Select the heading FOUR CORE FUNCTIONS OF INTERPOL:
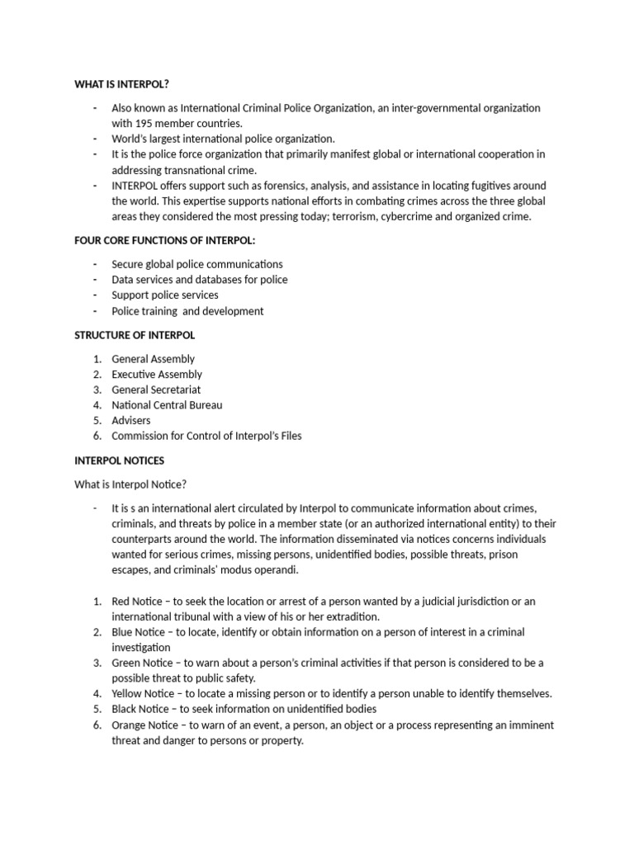coord(160,240)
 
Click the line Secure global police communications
coord(197,264)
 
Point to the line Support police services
coord(165,295)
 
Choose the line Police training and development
coord(187,311)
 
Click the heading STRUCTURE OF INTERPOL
coord(135,335)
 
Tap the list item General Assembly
coord(154,359)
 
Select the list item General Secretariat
coord(156,389)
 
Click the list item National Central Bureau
coord(167,405)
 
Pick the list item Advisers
coord(131,421)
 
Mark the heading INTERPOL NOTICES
coord(120,460)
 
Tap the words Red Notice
coord(137,602)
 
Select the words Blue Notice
coord(139,632)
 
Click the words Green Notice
coord(142,663)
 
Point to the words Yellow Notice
coord(144,693)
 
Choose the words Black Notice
coord(140,709)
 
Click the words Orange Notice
coord(145,725)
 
